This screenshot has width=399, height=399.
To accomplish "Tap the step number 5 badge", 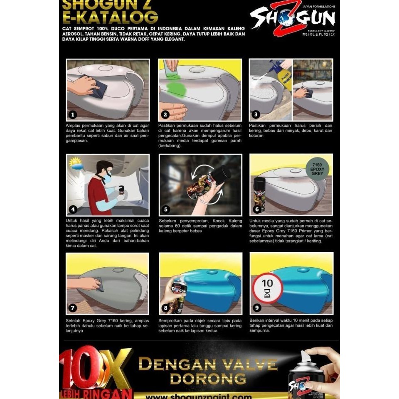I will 166,210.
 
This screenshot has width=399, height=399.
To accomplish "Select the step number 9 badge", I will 256,308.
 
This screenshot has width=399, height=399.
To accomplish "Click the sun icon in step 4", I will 75,163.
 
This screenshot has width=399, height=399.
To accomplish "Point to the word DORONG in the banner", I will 208,379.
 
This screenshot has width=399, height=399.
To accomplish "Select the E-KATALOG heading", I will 110,17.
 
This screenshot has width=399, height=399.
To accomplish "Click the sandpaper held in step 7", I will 100,284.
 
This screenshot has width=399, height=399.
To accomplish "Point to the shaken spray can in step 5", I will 211,183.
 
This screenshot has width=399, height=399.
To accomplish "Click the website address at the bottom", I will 199,396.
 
